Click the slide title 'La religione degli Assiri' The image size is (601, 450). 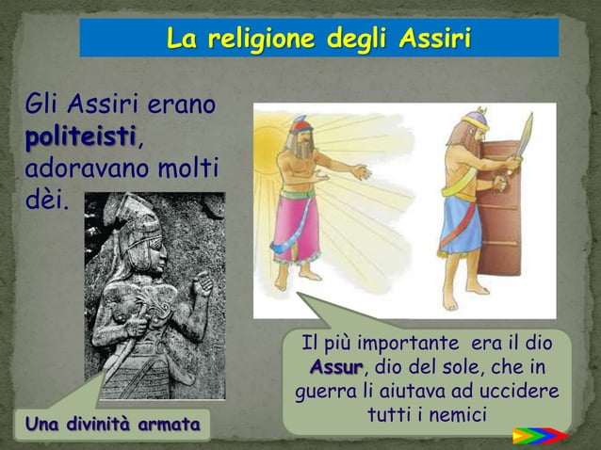point(318,39)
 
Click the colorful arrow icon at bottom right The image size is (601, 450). point(538,436)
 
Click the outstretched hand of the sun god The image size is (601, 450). point(359,173)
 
